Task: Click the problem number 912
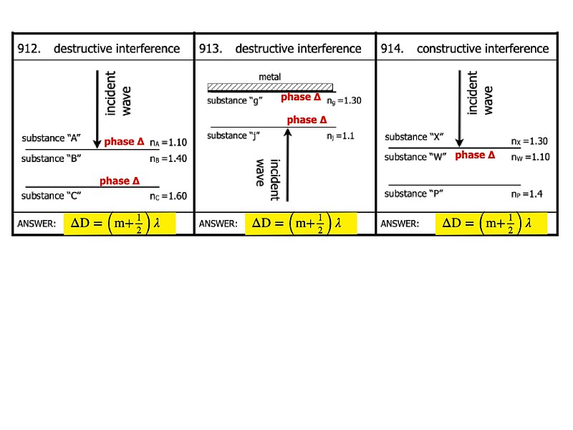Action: click(29, 48)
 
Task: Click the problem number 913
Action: click(211, 48)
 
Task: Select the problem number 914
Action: click(392, 48)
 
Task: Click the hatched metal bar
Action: click(270, 87)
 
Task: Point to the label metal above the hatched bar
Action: click(270, 77)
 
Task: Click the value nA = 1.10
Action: click(168, 142)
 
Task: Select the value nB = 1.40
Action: click(168, 158)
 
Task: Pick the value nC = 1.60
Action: click(168, 196)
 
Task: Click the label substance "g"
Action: click(235, 100)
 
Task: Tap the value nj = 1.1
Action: click(341, 136)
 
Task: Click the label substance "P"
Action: click(414, 193)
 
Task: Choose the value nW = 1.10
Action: click(531, 157)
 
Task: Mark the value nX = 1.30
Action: click(529, 141)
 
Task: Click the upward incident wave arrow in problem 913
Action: click(288, 165)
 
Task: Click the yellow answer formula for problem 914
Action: click(491, 223)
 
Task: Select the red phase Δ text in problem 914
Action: click(475, 155)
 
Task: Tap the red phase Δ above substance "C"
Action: click(120, 181)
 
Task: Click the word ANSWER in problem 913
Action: click(218, 224)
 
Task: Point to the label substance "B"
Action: click(51, 158)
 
